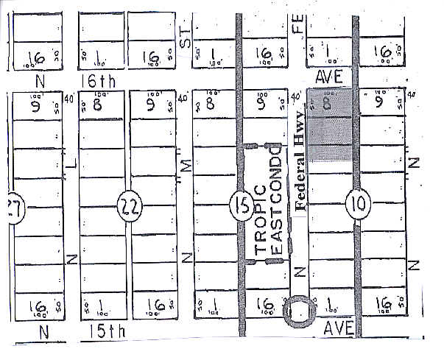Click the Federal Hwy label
300,169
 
